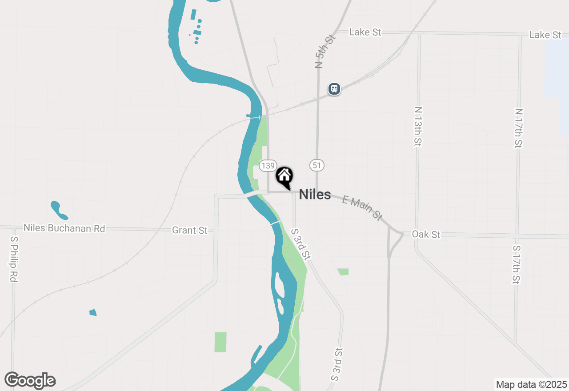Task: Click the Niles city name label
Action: (315, 195)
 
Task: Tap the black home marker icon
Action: (284, 176)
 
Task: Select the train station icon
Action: (334, 89)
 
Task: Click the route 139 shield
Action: (268, 166)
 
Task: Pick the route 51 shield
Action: (317, 165)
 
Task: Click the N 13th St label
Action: (417, 126)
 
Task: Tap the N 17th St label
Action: (519, 128)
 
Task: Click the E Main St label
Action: (362, 207)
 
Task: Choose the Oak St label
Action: (426, 234)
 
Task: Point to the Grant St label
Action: (190, 230)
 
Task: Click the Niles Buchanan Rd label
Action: (64, 228)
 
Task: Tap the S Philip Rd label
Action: (14, 259)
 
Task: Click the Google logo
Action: (30, 381)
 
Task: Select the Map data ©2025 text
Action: (531, 384)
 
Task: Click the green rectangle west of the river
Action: (220, 342)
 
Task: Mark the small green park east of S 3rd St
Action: (343, 271)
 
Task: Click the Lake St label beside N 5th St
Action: (365, 32)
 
